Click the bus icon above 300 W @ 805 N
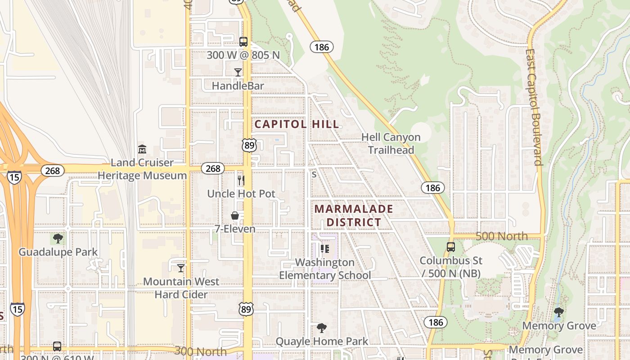tap(243, 42)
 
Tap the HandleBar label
tap(238, 85)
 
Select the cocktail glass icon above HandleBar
tap(238, 72)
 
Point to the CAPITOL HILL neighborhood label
tap(297, 124)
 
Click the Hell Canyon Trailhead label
tap(391, 144)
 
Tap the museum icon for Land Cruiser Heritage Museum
tap(142, 149)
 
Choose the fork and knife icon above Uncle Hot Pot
tap(241, 180)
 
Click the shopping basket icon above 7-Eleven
tap(235, 216)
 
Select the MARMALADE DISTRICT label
tap(354, 216)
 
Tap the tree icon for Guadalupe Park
tap(58, 238)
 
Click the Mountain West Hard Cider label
tap(181, 288)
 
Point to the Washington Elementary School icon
tap(325, 248)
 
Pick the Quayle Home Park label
tap(322, 342)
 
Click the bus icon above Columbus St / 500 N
tap(451, 247)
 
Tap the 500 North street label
tap(502, 236)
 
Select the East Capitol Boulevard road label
tap(534, 107)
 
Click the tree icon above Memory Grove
tap(559, 312)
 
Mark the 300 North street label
tap(201, 351)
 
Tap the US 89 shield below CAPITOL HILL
tap(249, 145)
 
